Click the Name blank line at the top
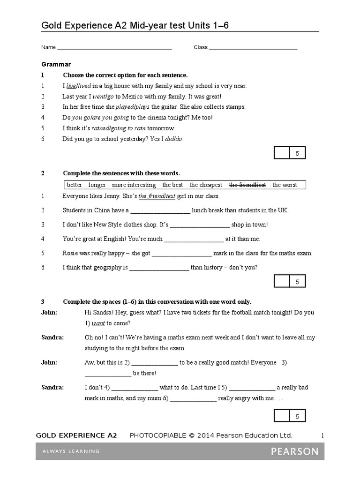[x=114, y=49]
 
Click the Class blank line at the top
[x=253, y=49]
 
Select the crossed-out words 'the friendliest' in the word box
[x=247, y=185]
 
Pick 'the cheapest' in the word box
[x=206, y=185]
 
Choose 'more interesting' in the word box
[x=134, y=185]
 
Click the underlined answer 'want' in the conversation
[x=98, y=323]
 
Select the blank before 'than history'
[x=159, y=268]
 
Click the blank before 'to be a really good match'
[x=155, y=363]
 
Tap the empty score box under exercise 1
[x=281, y=153]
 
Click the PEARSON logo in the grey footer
[x=294, y=451]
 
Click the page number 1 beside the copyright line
[x=322, y=435]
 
